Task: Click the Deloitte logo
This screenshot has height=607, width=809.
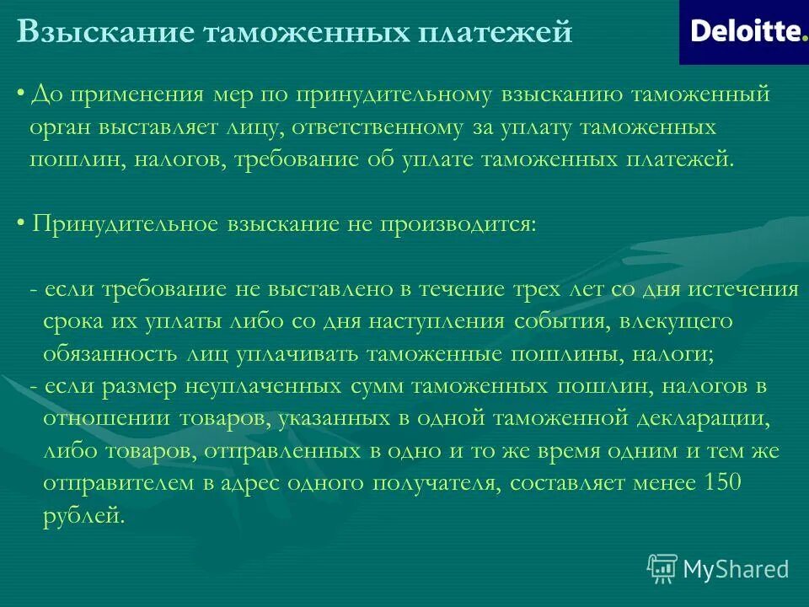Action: click(x=743, y=32)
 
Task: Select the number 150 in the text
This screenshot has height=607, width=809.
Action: click(x=745, y=483)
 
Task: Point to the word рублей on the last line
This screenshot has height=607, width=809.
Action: click(x=83, y=515)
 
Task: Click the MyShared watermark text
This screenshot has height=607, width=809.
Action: click(x=736, y=569)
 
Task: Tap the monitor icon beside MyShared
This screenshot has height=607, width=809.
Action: click(x=662, y=568)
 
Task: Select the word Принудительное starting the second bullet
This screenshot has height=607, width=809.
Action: click(x=125, y=225)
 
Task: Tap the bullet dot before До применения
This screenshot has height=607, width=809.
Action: click(x=20, y=94)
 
